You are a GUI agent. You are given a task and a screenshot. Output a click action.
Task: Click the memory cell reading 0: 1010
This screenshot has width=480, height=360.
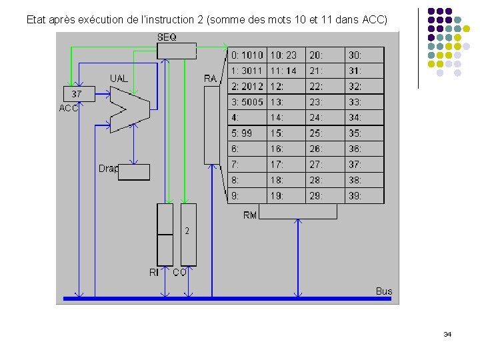pos(247,55)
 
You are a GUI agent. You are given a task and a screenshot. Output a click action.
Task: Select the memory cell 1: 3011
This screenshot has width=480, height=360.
pos(247,71)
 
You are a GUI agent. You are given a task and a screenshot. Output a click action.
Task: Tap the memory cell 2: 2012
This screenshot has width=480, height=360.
pos(247,87)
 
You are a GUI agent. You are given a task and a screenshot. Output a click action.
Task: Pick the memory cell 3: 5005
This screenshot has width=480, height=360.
pos(247,102)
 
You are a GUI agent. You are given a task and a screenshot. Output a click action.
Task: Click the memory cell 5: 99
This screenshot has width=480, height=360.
pos(247,133)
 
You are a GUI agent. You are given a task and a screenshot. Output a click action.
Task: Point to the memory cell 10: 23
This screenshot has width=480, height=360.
pos(286,55)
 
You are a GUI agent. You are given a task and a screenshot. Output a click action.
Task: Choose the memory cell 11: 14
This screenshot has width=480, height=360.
pos(286,71)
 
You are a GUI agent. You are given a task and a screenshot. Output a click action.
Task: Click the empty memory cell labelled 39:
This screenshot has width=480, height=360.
pos(364,196)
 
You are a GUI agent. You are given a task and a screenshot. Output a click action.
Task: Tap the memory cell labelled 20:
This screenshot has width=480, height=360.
pos(325,55)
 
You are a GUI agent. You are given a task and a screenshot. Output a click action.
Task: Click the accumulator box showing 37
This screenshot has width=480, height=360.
pos(77,95)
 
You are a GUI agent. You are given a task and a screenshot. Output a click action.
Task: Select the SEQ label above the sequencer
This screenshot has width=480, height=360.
pos(167,37)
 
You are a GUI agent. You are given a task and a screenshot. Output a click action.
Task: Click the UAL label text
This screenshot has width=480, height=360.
pos(119,79)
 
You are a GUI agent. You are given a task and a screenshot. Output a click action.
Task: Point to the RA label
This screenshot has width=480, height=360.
pos(210,79)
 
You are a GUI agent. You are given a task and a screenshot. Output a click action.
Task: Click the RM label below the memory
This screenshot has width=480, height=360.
pos(250,215)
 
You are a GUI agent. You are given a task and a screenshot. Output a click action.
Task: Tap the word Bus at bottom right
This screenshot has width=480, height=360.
pos(384,291)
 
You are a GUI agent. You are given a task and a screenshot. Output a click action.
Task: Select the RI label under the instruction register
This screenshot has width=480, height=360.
pos(154,273)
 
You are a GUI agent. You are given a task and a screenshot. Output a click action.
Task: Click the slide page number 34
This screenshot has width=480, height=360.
pos(447,334)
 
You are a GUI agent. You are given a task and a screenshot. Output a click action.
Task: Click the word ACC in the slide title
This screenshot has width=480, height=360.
pos(374,20)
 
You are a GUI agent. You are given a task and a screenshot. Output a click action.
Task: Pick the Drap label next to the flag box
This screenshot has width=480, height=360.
pos(109,169)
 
